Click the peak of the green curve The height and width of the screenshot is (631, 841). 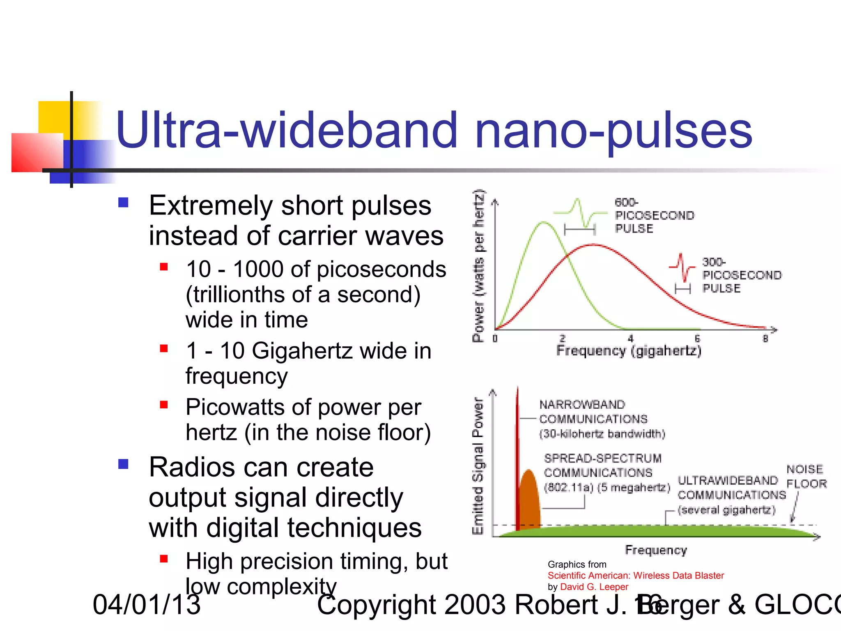point(544,222)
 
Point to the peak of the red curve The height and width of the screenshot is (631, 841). point(593,245)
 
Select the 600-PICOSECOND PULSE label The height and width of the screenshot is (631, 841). point(654,216)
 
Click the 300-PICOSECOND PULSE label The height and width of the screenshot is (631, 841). point(741,275)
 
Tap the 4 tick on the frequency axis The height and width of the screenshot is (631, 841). point(630,339)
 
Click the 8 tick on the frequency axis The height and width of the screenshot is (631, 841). point(765,339)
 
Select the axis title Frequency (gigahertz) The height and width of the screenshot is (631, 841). point(629,351)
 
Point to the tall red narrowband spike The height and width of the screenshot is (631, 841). point(517,452)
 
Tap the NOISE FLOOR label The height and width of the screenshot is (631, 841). point(806,477)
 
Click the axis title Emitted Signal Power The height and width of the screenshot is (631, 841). point(478,466)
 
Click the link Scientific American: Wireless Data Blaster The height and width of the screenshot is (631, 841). point(636,576)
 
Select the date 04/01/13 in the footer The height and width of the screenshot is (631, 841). point(147,605)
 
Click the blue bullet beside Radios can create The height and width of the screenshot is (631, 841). point(123,464)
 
